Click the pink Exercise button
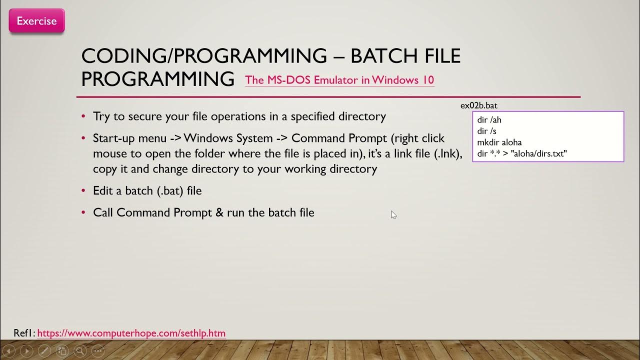pyautogui.click(x=36, y=21)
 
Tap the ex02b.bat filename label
pyautogui.click(x=478, y=105)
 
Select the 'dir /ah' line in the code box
pyautogui.click(x=489, y=120)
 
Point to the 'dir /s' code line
pyautogui.click(x=487, y=131)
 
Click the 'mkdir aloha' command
pyautogui.click(x=499, y=142)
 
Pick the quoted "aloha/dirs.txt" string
pyautogui.click(x=538, y=153)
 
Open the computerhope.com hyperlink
pyautogui.click(x=131, y=333)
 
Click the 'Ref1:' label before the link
pyautogui.click(x=24, y=333)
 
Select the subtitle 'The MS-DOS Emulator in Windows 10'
pyautogui.click(x=339, y=80)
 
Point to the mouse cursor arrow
pyautogui.click(x=393, y=214)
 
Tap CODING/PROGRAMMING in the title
pyautogui.click(x=204, y=56)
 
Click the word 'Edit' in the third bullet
pyautogui.click(x=102, y=190)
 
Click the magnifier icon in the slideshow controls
pyautogui.click(x=80, y=350)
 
